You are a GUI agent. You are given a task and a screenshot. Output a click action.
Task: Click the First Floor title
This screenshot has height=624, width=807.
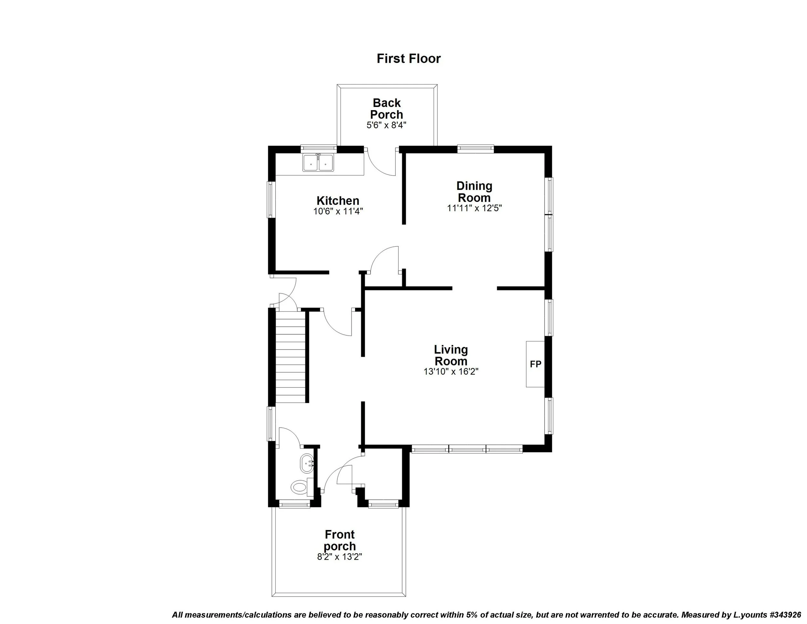pos(408,58)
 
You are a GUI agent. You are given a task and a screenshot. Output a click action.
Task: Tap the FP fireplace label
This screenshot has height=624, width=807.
pos(536,364)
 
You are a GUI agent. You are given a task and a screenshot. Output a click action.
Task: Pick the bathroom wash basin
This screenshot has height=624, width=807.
pos(307,463)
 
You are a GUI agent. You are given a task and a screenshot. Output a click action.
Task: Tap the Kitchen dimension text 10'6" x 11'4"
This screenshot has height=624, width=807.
pos(338,212)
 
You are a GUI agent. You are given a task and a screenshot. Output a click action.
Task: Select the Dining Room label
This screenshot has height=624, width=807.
pos(474,192)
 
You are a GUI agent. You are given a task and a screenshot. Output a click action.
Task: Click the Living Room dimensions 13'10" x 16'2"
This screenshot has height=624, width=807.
pos(451,371)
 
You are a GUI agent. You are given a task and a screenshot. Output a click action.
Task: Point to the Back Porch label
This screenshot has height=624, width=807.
pos(386,108)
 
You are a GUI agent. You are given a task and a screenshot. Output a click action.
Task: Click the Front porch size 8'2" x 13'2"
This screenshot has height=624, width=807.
pos(339,557)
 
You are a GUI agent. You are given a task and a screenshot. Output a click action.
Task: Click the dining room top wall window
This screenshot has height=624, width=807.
pos(475,149)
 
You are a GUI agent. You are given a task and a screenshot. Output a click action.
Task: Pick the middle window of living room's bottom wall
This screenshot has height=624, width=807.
pos(467,450)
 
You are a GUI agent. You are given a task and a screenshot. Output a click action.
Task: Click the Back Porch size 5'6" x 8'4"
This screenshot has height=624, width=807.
pos(386,125)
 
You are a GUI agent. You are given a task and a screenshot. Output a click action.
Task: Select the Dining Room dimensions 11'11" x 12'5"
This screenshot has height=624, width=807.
pos(474,208)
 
